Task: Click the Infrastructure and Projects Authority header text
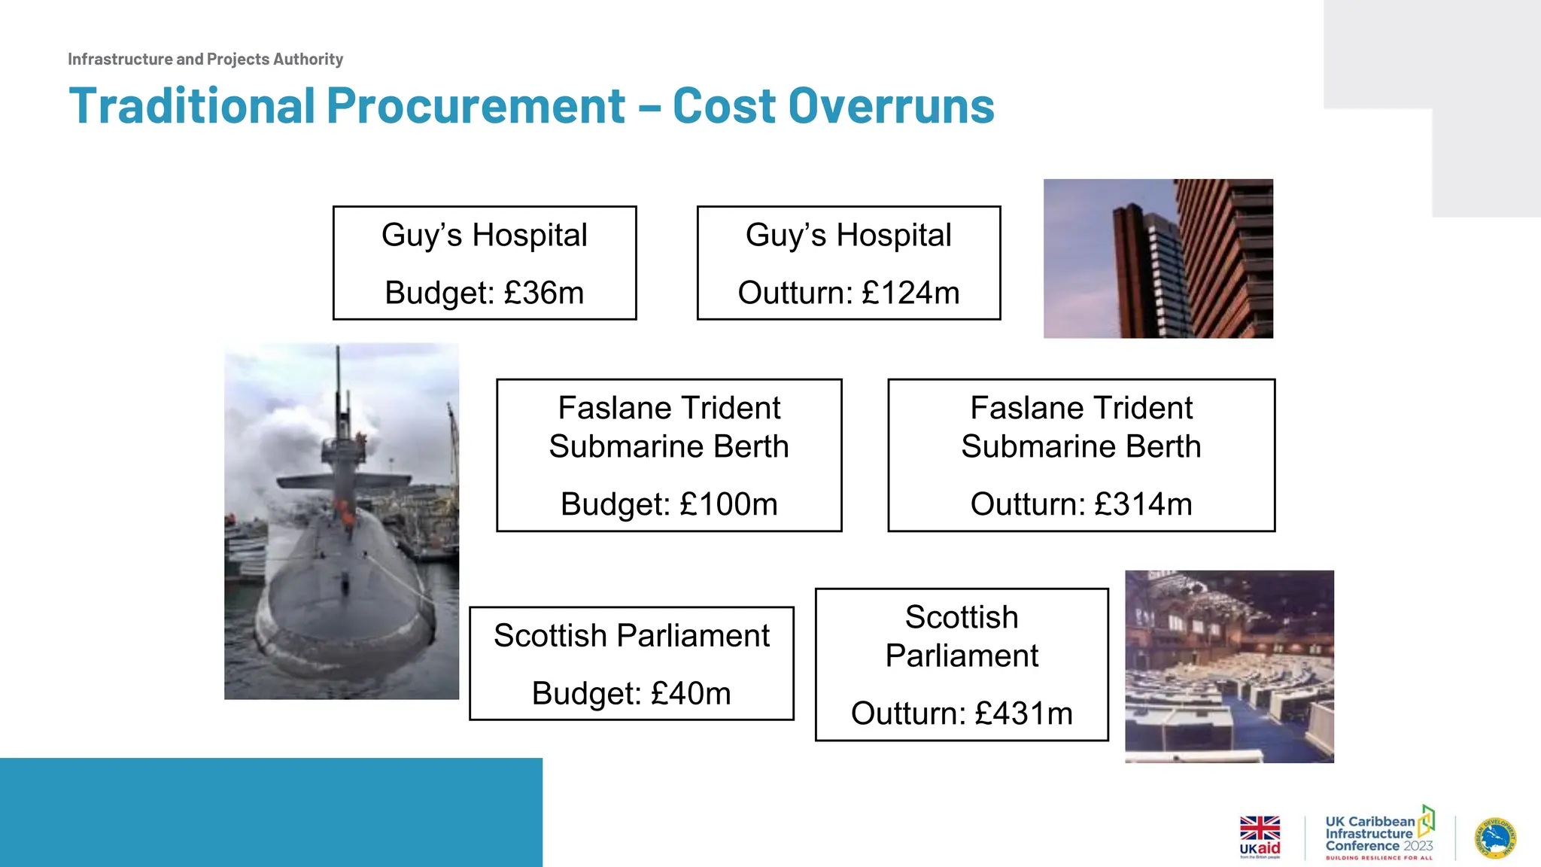point(205,59)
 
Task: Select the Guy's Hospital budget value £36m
point(543,293)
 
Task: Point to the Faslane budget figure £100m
point(728,504)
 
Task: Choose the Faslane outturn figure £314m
point(1143,504)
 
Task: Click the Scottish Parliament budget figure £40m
point(691,693)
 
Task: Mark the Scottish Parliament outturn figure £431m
point(1023,713)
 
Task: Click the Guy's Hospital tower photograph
point(1158,258)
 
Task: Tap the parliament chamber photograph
point(1229,666)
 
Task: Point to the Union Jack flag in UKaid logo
point(1260,828)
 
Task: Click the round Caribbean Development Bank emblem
point(1495,838)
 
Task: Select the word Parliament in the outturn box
point(962,656)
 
